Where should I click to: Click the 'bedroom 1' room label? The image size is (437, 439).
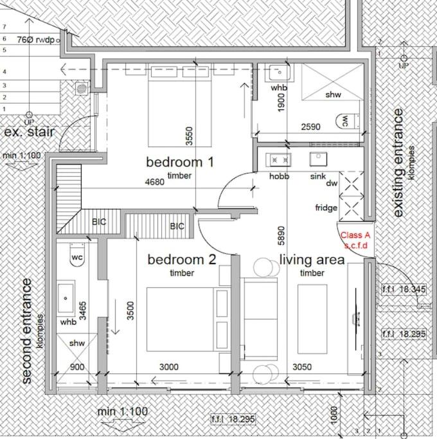tap(180, 162)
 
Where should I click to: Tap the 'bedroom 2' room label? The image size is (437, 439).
tap(182, 260)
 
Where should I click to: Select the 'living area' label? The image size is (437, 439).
tap(312, 260)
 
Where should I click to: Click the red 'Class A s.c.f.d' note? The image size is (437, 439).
tap(355, 240)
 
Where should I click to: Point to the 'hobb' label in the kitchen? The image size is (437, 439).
tap(279, 176)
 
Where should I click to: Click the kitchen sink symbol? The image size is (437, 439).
tap(318, 159)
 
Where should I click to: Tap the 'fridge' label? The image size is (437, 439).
tap(326, 208)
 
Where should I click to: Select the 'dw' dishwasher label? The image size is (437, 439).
tap(332, 183)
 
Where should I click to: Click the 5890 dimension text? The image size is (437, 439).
tap(281, 235)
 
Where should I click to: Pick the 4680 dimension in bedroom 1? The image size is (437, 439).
tap(154, 182)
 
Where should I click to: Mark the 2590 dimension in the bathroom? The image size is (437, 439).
tap(311, 127)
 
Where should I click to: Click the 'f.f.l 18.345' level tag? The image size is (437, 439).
tap(404, 289)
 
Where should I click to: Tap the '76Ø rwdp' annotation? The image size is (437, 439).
tap(35, 40)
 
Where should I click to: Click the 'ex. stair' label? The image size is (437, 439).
tap(29, 132)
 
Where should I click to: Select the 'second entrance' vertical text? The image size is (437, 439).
tap(26, 330)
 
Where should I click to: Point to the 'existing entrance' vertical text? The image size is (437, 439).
tap(398, 163)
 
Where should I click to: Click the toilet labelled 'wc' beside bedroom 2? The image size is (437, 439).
tap(77, 255)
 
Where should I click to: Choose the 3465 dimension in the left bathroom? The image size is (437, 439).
tap(83, 310)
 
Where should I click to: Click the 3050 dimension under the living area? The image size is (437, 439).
tap(302, 367)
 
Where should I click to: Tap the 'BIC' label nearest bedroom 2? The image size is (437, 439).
tap(177, 226)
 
